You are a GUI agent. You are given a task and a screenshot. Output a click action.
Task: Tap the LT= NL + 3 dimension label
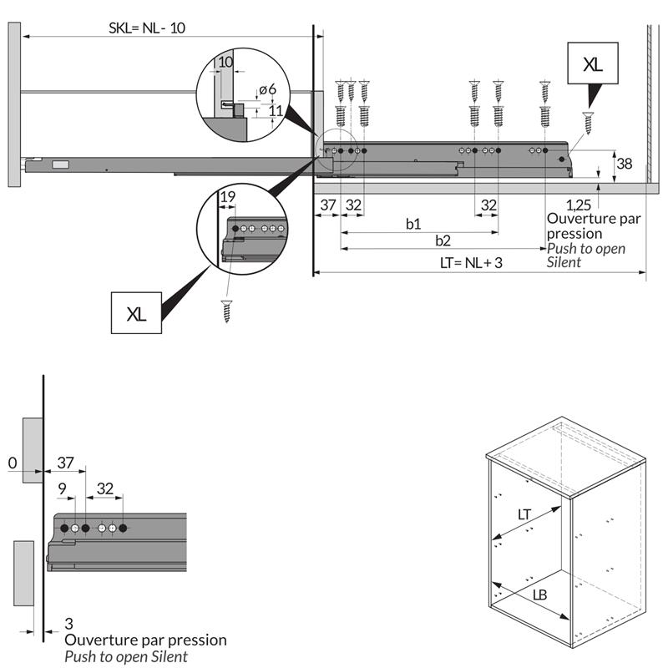click(472, 263)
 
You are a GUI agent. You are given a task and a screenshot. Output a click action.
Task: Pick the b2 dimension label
click(443, 240)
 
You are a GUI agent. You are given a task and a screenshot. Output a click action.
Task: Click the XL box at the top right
click(592, 64)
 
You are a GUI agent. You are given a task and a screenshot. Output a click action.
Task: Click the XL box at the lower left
click(136, 314)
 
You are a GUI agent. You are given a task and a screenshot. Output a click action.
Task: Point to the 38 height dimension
click(623, 164)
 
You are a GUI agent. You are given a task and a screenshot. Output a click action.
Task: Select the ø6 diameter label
click(267, 90)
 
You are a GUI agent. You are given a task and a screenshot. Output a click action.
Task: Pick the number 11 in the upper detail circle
click(275, 110)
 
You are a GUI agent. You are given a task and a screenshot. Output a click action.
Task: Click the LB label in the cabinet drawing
click(540, 595)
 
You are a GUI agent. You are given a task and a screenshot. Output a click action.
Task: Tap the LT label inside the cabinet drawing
click(524, 515)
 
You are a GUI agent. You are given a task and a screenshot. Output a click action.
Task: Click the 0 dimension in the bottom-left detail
click(12, 463)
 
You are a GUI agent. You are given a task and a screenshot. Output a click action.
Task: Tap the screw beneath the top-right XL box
click(590, 122)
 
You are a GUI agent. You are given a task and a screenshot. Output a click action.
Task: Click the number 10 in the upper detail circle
click(224, 63)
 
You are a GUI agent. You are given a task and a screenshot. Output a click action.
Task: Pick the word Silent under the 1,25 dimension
click(564, 262)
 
